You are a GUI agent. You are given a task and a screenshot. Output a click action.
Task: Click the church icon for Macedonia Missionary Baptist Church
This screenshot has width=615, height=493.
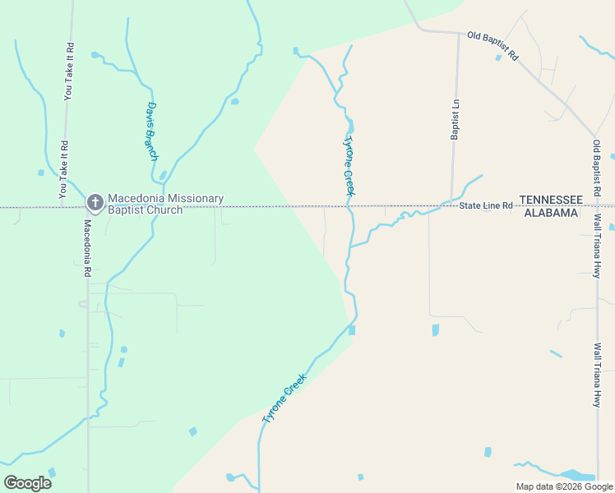click(95, 202)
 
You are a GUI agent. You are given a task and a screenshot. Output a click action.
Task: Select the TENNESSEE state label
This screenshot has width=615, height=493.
click(550, 200)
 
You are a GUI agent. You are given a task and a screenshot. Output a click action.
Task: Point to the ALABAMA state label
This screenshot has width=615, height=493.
click(550, 213)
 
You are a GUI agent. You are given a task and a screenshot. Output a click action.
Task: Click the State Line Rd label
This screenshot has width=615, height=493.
click(485, 205)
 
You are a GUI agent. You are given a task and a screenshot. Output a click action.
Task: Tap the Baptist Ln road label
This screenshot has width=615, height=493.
click(454, 120)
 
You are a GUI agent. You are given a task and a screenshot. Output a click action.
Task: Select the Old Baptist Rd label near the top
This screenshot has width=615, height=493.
click(492, 46)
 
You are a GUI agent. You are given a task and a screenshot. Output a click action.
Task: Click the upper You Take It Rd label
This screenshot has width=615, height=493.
click(69, 71)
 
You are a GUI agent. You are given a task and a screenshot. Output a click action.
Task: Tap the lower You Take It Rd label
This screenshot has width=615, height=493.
click(63, 170)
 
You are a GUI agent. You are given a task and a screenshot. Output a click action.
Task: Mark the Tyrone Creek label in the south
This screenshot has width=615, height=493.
click(284, 399)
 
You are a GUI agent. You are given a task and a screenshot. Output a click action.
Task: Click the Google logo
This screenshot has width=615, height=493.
click(27, 483)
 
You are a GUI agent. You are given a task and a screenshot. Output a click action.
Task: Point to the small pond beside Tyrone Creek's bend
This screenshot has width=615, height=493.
click(352, 330)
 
